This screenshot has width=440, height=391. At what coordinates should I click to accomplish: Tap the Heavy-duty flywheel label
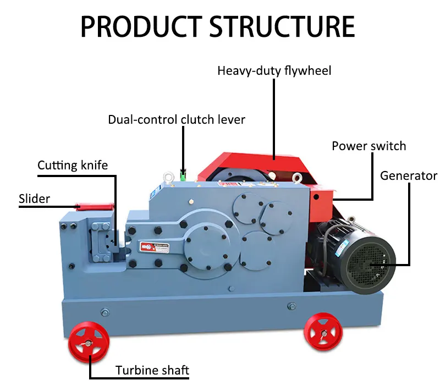coord(274,71)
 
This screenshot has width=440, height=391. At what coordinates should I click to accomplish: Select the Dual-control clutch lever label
coord(176,119)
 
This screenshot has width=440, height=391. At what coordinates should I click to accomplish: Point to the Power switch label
coord(369,146)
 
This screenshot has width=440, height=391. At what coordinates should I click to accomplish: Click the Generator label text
coord(409,176)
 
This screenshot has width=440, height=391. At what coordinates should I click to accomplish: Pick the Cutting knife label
coord(73,165)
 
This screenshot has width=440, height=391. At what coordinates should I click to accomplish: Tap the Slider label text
coord(34,199)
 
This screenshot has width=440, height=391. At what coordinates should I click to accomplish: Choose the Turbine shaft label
coord(152,370)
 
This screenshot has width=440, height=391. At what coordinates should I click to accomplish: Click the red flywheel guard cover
coord(258,165)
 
